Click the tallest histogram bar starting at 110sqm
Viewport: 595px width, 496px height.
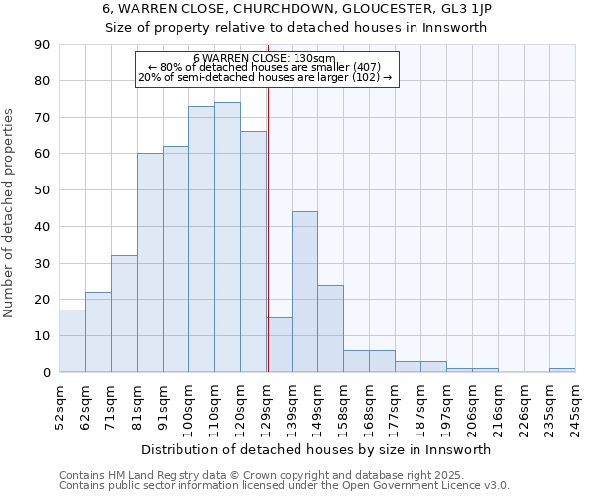pyautogui.click(x=227, y=237)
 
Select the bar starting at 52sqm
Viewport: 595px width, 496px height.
pyautogui.click(x=72, y=341)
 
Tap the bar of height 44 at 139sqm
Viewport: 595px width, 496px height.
pyautogui.click(x=304, y=292)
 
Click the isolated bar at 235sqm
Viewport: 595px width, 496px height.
pyautogui.click(x=562, y=370)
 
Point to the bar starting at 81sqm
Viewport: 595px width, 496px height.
pyautogui.click(x=150, y=263)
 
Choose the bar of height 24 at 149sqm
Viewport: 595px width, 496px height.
pyautogui.click(x=330, y=328)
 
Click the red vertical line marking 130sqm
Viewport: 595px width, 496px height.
pyautogui.click(x=268, y=248)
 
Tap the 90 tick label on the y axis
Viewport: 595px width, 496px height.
pyautogui.click(x=42, y=45)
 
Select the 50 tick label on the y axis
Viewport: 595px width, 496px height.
pyautogui.click(x=42, y=190)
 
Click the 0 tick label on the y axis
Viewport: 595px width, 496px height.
pyautogui.click(x=46, y=373)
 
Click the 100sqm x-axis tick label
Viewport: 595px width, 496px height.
pyautogui.click(x=189, y=409)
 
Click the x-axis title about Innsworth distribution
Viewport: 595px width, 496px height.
pyautogui.click(x=316, y=449)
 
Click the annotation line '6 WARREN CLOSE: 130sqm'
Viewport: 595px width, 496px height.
pyautogui.click(x=265, y=58)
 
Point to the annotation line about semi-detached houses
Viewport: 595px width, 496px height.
pyautogui.click(x=265, y=77)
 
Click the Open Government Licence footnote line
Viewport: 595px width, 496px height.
pyautogui.click(x=285, y=486)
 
